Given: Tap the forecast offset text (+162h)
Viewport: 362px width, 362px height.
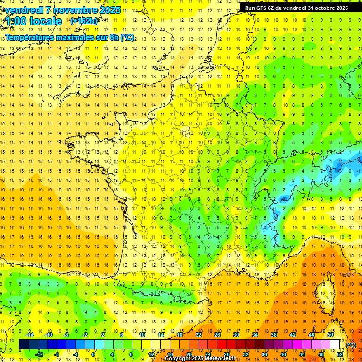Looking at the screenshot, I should click(x=84, y=21).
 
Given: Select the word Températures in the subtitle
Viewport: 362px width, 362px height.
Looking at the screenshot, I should click(x=30, y=37).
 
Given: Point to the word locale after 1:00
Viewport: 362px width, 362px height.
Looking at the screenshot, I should click(x=45, y=21).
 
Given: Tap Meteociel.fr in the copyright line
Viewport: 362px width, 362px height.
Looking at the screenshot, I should click(x=223, y=359).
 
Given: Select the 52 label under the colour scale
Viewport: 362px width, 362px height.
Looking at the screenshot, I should click(x=339, y=354).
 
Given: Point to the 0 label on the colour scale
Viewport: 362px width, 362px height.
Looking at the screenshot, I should click(x=94, y=354).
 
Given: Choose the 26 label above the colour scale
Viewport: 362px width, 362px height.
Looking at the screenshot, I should click(x=217, y=335).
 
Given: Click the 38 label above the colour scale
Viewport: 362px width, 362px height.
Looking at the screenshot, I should click(x=274, y=335).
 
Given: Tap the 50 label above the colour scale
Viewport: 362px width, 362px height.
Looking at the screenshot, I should click(x=330, y=335).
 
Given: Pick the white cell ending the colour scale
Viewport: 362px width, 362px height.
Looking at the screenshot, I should click(x=335, y=345).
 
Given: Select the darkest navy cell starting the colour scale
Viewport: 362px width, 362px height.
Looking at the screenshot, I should click(x=24, y=345).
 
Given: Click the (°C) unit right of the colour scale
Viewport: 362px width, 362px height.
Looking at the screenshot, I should click(x=351, y=345).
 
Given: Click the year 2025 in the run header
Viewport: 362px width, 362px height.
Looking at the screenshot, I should click(x=341, y=8).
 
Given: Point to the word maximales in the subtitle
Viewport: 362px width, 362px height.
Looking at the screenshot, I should click(x=76, y=37).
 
